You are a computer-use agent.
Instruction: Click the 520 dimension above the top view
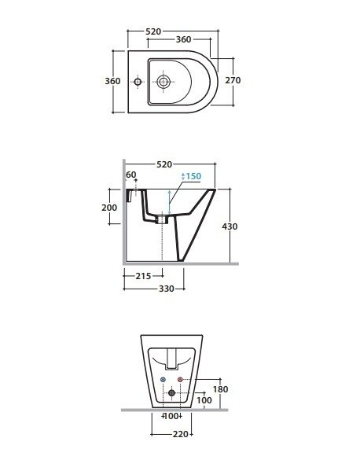[x=153, y=31]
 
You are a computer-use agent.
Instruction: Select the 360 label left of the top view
[x=112, y=81]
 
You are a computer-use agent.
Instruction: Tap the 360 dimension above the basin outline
[x=183, y=39]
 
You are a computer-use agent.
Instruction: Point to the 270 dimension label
[x=233, y=80]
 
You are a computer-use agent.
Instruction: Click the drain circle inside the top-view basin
[x=163, y=82]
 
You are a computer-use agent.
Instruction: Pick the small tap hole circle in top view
[x=138, y=82]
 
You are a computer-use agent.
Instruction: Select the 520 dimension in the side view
[x=164, y=164]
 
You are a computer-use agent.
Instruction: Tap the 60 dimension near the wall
[x=131, y=175]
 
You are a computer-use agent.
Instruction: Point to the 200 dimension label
[x=109, y=208]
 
